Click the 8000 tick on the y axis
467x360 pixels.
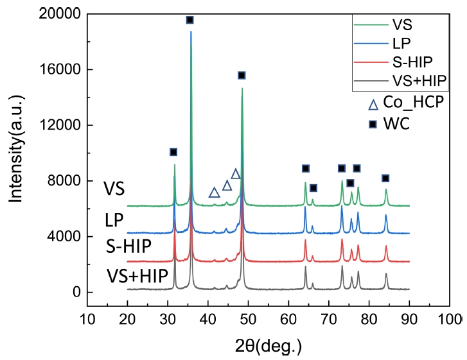61,181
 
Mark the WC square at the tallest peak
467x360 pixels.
189,20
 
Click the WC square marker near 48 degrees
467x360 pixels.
242,75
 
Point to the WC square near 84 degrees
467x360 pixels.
385,178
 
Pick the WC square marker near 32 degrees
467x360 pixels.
173,152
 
